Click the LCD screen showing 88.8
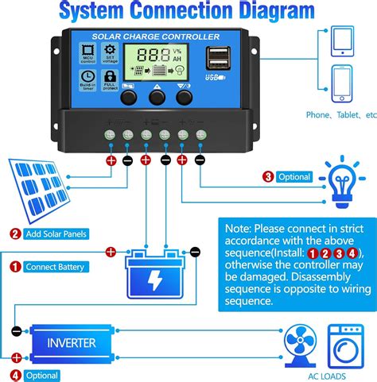coord(158,63)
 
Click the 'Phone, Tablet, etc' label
coord(340,115)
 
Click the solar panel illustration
coord(40,191)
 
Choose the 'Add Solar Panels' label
coord(53,233)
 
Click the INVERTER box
coord(71,343)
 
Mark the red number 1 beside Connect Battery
coord(14,267)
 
